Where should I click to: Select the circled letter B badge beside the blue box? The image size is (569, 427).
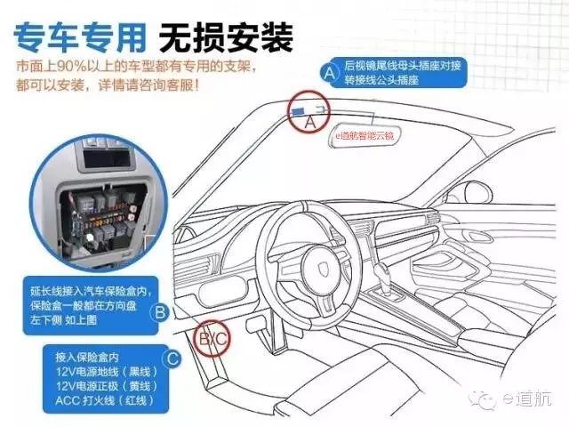(x=160, y=312)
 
